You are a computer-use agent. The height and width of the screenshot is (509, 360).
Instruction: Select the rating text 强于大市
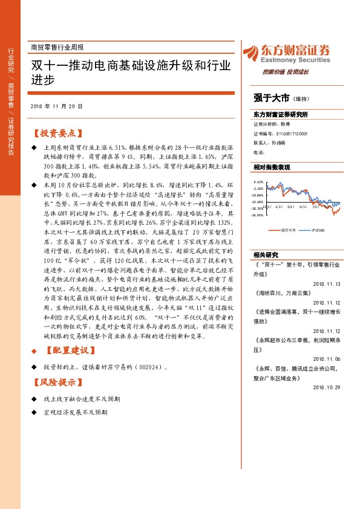(x=270, y=97)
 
